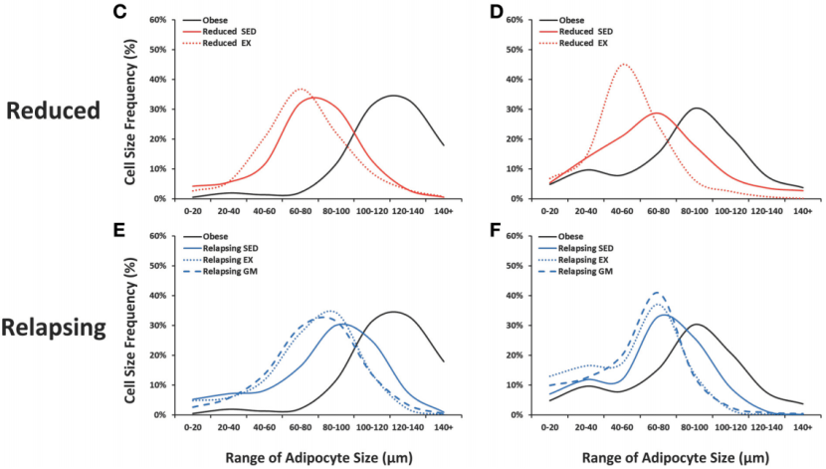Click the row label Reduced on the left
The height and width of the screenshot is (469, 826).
click(x=54, y=111)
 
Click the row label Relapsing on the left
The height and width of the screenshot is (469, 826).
click(x=54, y=327)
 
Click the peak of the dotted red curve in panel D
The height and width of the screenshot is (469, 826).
click(x=624, y=65)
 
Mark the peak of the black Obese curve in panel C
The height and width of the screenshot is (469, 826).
click(x=394, y=96)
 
